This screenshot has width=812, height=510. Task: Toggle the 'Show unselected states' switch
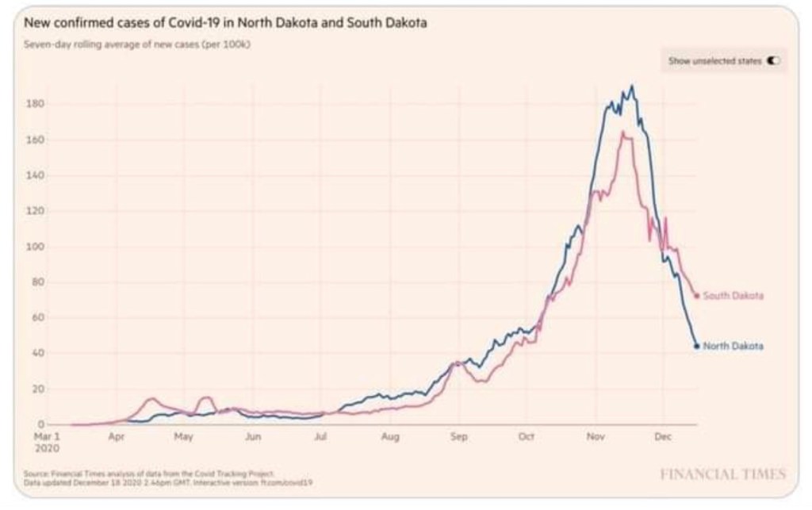[x=773, y=60]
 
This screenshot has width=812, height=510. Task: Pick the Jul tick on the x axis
[x=321, y=436]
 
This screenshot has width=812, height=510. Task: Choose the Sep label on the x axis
[x=458, y=436]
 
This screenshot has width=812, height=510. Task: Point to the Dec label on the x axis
[x=663, y=436]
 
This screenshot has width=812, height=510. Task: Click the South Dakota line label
[x=733, y=296]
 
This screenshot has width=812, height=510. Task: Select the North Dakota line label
[x=733, y=346]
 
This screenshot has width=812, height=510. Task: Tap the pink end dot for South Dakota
[x=697, y=296]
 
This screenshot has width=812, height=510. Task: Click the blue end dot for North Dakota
[x=697, y=346]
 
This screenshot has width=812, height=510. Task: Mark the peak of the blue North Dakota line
[x=631, y=86]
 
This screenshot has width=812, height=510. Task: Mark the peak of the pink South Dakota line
[x=623, y=132]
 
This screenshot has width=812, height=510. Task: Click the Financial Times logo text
[x=722, y=474]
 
